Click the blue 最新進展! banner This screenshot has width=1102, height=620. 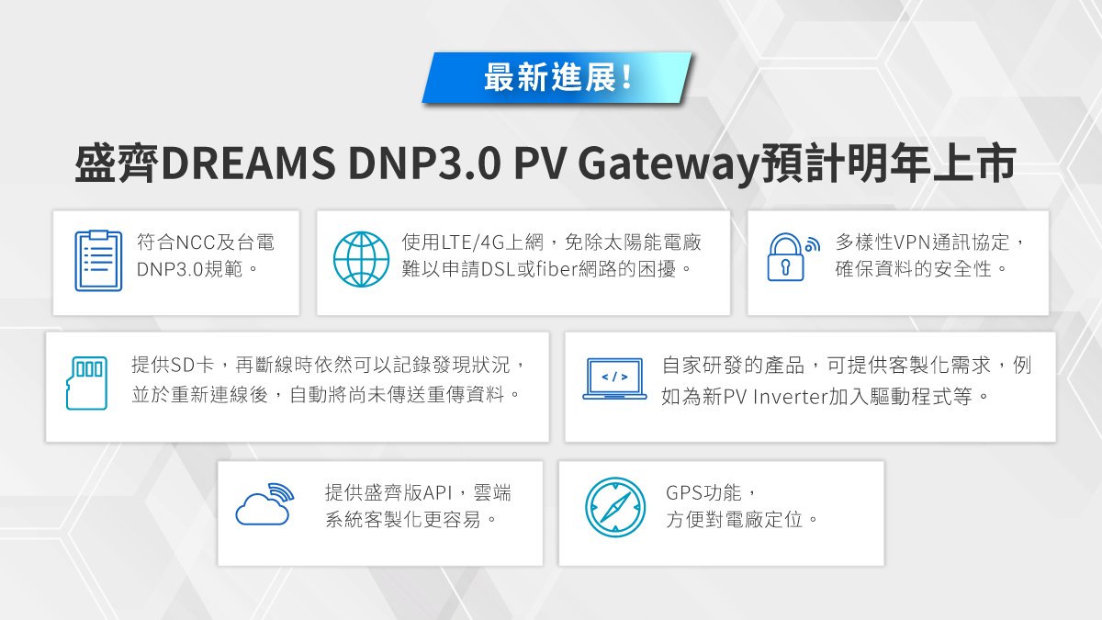(x=557, y=77)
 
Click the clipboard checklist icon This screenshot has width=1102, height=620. (x=98, y=261)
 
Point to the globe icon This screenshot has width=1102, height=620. (x=361, y=259)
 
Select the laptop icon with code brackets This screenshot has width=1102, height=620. (x=614, y=379)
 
